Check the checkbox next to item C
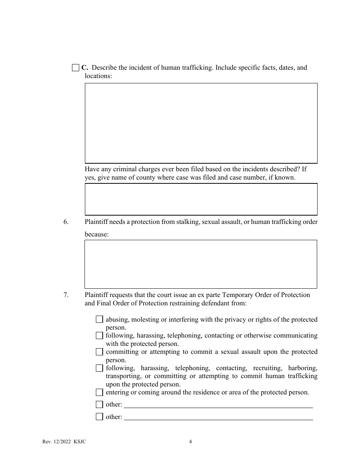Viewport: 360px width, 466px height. (x=75, y=68)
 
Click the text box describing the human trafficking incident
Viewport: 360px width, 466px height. (x=201, y=123)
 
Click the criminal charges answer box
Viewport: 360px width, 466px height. (x=201, y=199)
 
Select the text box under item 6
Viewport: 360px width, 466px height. (x=200, y=264)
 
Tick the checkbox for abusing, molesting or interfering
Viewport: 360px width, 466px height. (x=99, y=319)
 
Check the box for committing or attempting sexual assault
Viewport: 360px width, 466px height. (x=99, y=352)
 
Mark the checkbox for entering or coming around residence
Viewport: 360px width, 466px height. (x=99, y=393)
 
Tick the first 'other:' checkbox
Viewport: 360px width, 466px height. (x=99, y=404)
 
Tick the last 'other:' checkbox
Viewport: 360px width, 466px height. (x=99, y=417)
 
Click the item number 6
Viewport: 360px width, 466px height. (x=66, y=222)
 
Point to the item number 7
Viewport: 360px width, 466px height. (x=66, y=295)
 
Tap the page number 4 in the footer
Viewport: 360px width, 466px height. (x=191, y=441)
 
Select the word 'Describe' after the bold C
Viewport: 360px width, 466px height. (x=105, y=68)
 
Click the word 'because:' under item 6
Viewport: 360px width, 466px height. (x=97, y=235)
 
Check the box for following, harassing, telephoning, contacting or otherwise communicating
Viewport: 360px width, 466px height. (x=99, y=336)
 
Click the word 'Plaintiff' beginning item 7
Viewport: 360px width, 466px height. (x=96, y=295)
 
